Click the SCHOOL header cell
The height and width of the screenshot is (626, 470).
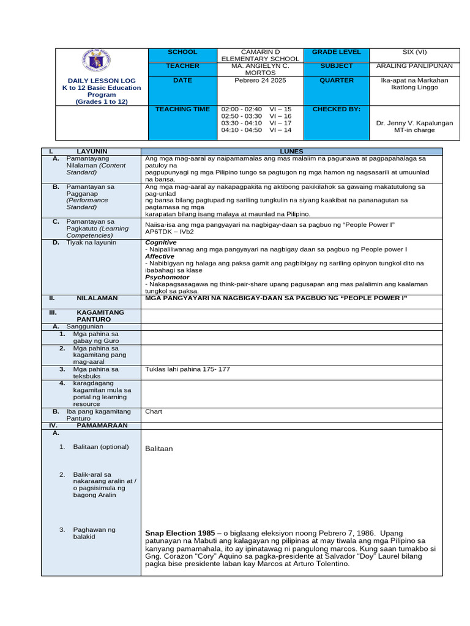[x=182, y=53]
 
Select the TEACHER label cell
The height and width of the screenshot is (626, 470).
[x=182, y=66]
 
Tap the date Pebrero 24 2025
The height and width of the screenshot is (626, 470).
[x=260, y=80]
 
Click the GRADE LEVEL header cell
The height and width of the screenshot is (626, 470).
[x=337, y=53]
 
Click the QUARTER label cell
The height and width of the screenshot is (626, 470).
[x=337, y=80]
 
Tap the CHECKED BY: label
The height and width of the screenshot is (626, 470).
[x=337, y=109]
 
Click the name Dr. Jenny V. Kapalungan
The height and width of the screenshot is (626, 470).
[x=414, y=123]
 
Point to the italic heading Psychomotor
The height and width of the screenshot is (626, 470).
[x=166, y=277]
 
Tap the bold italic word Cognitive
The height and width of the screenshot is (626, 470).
[x=161, y=242]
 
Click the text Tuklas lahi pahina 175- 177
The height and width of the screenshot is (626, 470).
[x=187, y=369]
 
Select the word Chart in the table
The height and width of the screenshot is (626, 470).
[x=154, y=411]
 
